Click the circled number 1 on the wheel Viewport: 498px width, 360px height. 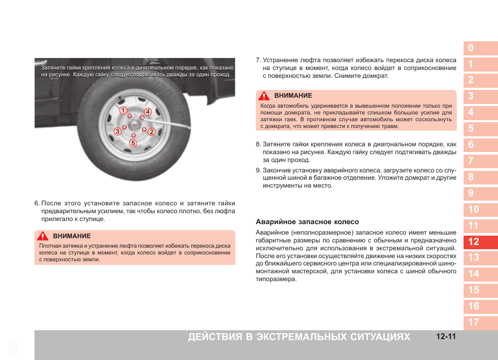pyautogui.click(x=123, y=110)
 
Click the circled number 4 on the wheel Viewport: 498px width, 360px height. pyautogui.click(x=148, y=111)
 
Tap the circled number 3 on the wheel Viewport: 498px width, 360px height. pyautogui.click(x=118, y=131)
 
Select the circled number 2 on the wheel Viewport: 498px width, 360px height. pyautogui.click(x=151, y=132)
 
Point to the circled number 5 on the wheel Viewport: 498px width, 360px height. pyautogui.click(x=133, y=143)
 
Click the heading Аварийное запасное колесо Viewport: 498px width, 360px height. pyautogui.click(x=307, y=222)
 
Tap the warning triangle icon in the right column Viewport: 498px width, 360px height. pyautogui.click(x=265, y=96)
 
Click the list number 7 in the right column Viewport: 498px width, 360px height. pyautogui.click(x=258, y=60)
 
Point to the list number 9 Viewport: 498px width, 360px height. pyautogui.click(x=258, y=170)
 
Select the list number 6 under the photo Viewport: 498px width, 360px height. pyautogui.click(x=37, y=203)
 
